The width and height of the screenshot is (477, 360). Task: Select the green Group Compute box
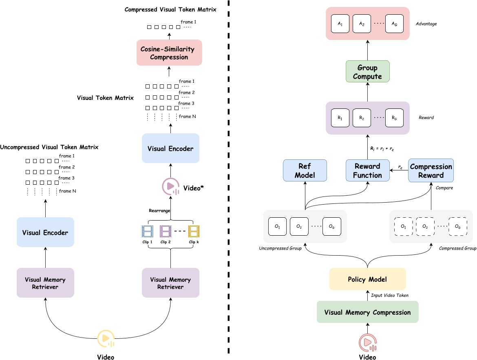click(367, 72)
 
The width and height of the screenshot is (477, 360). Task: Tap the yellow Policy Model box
click(367, 279)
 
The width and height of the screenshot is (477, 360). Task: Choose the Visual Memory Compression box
click(367, 312)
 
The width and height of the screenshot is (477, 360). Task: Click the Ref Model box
click(305, 171)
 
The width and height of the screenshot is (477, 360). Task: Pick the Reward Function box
click(367, 171)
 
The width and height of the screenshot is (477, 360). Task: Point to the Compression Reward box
click(431, 171)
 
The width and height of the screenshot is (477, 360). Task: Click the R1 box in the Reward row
click(340, 118)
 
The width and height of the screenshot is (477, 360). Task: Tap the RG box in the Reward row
click(394, 118)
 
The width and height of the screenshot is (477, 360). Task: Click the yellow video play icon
click(106, 338)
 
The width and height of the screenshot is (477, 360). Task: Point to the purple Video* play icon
click(170, 187)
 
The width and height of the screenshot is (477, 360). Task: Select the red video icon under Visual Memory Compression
click(367, 342)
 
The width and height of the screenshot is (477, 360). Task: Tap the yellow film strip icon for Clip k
click(194, 232)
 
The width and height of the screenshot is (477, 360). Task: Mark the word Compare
click(444, 188)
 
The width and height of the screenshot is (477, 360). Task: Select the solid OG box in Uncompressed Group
click(331, 226)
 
